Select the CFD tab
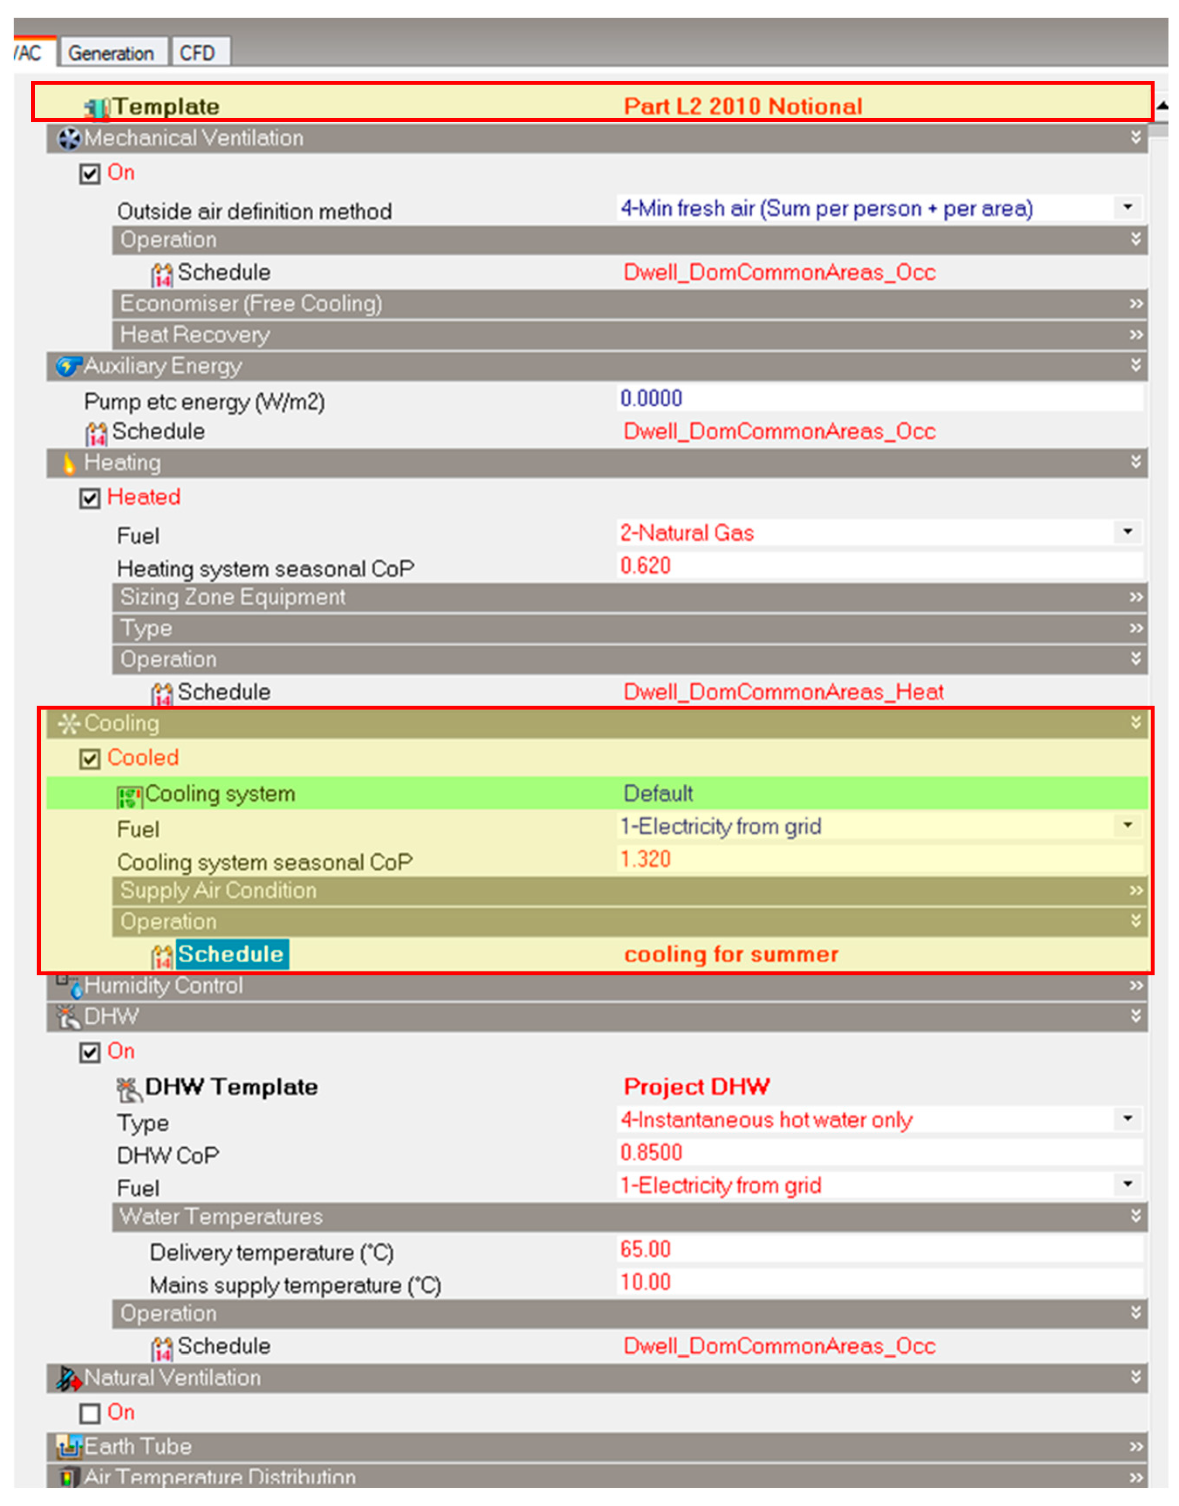pyautogui.click(x=197, y=53)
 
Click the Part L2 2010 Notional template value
pyautogui.click(x=743, y=106)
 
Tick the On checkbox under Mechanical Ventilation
pyautogui.click(x=90, y=173)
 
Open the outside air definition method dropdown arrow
pyautogui.click(x=1127, y=207)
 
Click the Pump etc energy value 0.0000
pyautogui.click(x=651, y=398)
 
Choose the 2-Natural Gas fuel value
pyautogui.click(x=687, y=533)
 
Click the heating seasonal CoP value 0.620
pyautogui.click(x=645, y=566)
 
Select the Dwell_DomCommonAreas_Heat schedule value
pyautogui.click(x=783, y=692)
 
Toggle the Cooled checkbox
pyautogui.click(x=90, y=758)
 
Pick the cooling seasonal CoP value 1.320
pyautogui.click(x=645, y=859)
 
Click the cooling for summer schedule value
pyautogui.click(x=731, y=954)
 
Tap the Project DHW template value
pyautogui.click(x=696, y=1087)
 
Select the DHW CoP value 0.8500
pyautogui.click(x=651, y=1153)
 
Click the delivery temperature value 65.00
pyautogui.click(x=645, y=1249)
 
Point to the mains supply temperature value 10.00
pyautogui.click(x=645, y=1283)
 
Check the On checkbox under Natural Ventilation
pyautogui.click(x=90, y=1413)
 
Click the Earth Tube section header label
pyautogui.click(x=137, y=1447)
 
